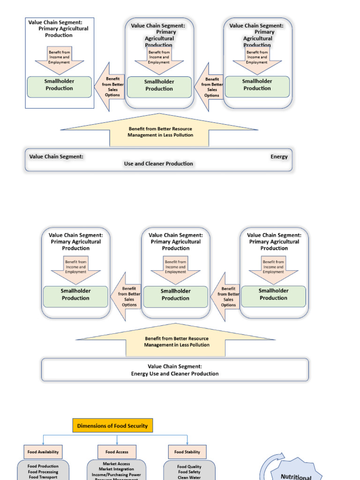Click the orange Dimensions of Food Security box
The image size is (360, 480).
tap(112, 426)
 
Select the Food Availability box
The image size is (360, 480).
tap(43, 452)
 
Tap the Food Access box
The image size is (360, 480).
tap(117, 452)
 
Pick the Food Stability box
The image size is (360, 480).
tap(187, 452)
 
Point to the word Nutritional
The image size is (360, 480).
tap(296, 476)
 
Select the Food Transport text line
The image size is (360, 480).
tap(43, 477)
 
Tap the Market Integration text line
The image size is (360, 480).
tap(116, 469)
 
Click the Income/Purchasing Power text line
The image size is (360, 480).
tap(116, 474)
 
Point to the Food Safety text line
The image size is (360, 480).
tap(189, 472)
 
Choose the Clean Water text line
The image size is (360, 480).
tap(189, 478)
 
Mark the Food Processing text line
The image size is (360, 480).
tap(43, 472)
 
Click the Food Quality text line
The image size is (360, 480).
tap(189, 466)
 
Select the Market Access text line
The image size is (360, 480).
tap(116, 464)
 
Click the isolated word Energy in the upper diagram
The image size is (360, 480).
tap(279, 157)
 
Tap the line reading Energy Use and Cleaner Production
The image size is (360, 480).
tap(175, 374)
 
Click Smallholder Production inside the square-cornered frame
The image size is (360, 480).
tap(60, 85)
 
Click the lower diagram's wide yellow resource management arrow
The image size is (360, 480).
tap(176, 341)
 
